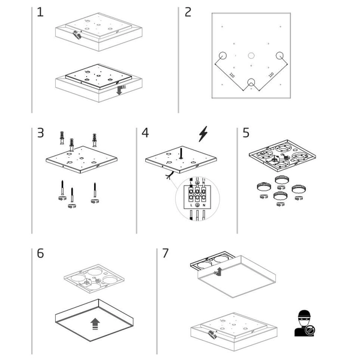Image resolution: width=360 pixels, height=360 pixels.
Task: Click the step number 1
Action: [40, 12]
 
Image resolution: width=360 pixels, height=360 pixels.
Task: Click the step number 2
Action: [188, 12]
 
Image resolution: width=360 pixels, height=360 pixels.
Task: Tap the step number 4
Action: [145, 133]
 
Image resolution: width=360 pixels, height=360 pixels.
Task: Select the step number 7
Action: [165, 253]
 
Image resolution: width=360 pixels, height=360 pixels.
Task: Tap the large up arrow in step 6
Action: [94, 324]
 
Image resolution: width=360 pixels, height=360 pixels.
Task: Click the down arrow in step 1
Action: [120, 91]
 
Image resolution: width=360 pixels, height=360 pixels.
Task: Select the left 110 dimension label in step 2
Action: [232, 76]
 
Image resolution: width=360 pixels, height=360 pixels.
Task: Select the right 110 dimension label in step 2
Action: [271, 76]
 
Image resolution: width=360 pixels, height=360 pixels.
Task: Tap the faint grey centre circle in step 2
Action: [251, 57]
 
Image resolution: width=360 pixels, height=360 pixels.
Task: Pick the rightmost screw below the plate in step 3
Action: [94, 193]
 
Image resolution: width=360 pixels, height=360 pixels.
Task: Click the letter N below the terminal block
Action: [205, 206]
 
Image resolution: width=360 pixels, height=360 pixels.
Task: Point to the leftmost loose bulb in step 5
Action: [262, 186]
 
